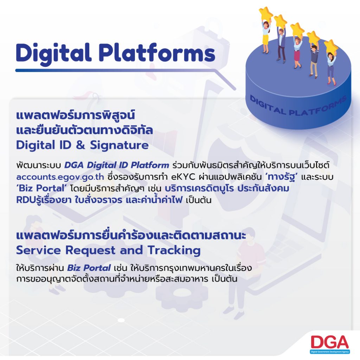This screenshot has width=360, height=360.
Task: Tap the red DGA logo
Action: pos(329,342)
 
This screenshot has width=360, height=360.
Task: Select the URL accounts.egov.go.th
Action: pos(60,177)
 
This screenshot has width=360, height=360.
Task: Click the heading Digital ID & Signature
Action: pos(82,145)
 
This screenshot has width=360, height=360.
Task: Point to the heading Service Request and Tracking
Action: pos(108,250)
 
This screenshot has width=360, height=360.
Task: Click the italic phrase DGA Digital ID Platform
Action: pos(116,165)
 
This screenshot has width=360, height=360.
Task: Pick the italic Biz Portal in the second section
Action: pos(89,268)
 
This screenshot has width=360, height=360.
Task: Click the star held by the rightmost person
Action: pos(330,46)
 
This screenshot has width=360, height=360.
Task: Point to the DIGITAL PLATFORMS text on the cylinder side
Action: pos(298,105)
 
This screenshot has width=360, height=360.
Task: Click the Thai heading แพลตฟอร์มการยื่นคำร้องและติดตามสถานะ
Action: pos(131,235)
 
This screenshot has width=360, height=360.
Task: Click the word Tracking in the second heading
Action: pos(174,250)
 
